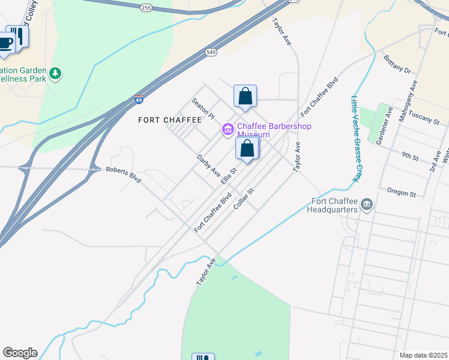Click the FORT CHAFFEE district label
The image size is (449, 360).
tap(170, 120)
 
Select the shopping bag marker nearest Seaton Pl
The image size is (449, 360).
tap(245, 96)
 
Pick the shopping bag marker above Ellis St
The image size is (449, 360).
tap(247, 149)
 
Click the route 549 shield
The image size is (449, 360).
tap(210, 53)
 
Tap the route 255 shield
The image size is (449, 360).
tap(146, 8)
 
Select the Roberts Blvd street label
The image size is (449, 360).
tap(123, 173)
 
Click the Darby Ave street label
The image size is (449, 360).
tap(209, 166)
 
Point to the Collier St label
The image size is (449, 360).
tap(244, 199)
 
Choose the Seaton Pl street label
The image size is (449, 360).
tap(203, 109)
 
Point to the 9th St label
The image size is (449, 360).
tap(411, 157)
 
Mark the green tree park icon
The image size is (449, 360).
tap(55, 73)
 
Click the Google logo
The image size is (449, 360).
tap(20, 353)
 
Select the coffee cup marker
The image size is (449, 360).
tap(5, 43)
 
